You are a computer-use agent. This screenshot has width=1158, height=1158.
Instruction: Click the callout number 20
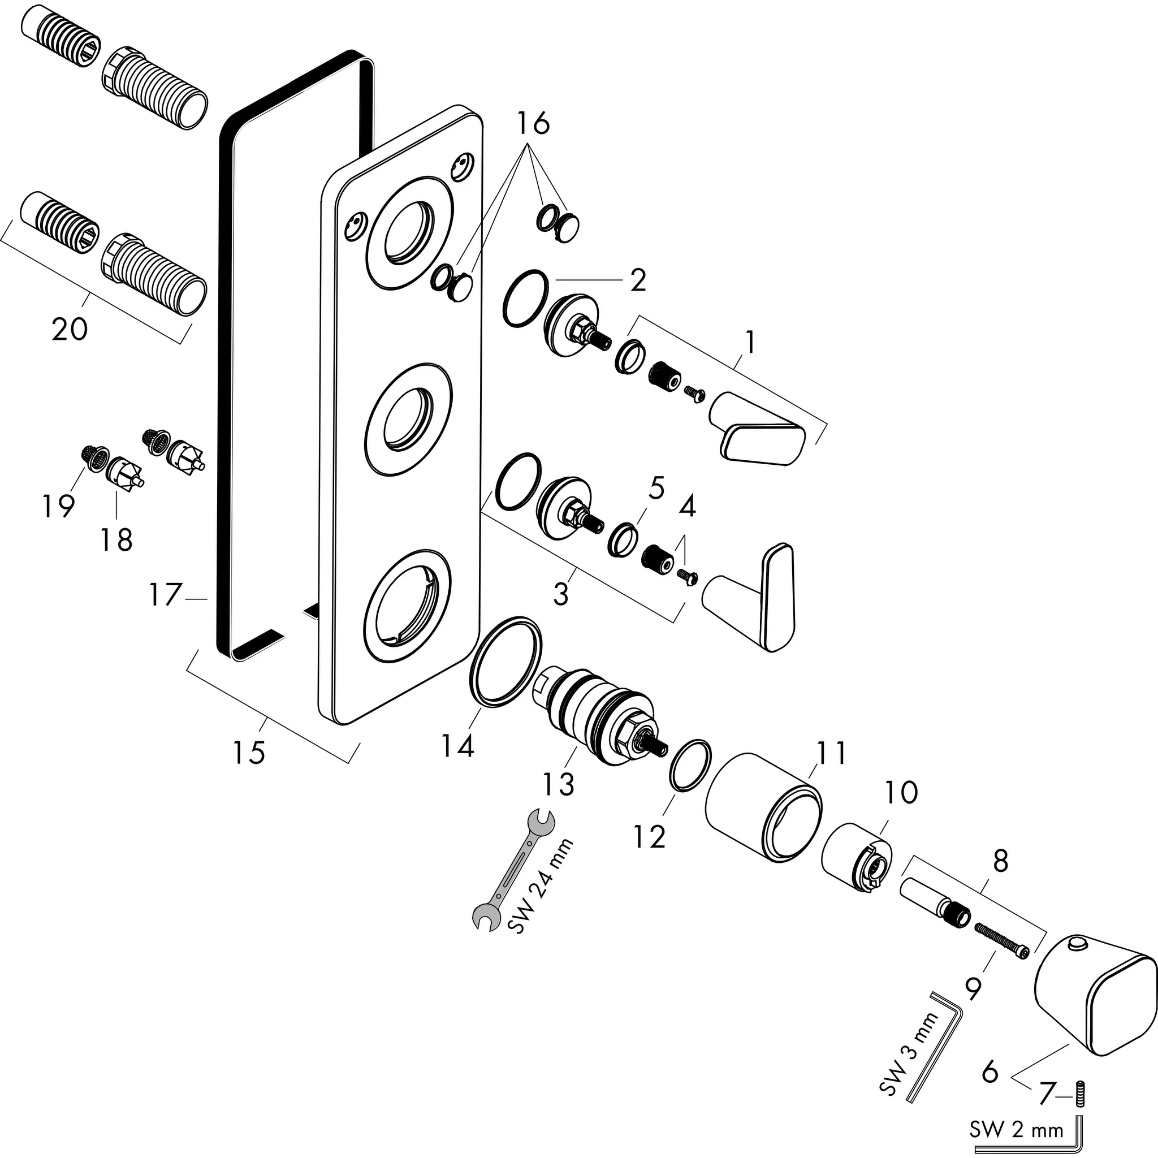coord(70,329)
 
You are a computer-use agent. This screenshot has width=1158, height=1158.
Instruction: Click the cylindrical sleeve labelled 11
coord(762,807)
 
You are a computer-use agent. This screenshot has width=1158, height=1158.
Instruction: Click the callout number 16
coord(533,123)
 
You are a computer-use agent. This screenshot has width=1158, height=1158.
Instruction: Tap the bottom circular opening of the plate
coord(408,606)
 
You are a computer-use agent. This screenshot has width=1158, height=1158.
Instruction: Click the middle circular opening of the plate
coord(408,419)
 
